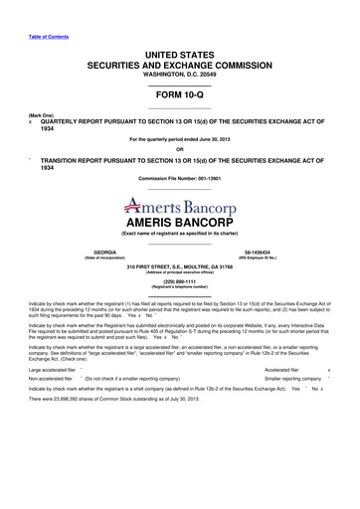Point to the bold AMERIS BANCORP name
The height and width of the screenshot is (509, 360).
tap(179, 220)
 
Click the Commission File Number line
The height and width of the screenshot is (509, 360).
tap(179, 179)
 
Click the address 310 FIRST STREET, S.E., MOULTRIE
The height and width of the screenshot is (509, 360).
tap(179, 266)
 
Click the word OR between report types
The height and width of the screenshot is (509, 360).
tap(179, 150)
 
